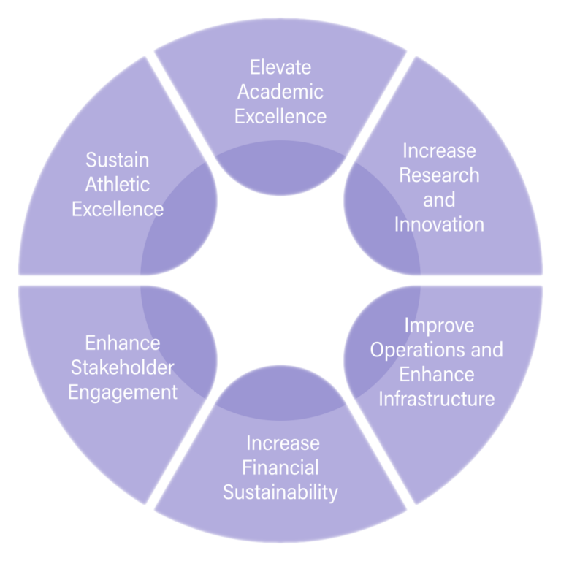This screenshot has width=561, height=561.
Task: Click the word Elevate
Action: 280,68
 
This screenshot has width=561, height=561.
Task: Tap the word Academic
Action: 280,92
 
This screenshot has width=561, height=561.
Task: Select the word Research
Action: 439,175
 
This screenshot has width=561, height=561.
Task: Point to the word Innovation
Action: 439,224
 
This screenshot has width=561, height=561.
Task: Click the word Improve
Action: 439,324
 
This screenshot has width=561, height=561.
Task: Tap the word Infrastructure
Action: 437,399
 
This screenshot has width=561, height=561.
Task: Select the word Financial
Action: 280,467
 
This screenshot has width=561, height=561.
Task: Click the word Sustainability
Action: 280,492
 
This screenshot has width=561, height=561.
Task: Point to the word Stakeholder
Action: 123,367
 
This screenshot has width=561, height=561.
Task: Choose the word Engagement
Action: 123,392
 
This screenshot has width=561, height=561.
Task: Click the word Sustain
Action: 118,159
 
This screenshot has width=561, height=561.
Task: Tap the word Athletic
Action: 118,184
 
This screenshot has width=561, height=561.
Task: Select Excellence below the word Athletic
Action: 118,209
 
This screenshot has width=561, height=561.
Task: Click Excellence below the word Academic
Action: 280,116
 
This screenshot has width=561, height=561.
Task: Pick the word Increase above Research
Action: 439,151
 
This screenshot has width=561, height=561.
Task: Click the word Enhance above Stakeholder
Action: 123,343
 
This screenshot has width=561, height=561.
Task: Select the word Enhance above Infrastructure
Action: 437,374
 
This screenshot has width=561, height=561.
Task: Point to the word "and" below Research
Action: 439,199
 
